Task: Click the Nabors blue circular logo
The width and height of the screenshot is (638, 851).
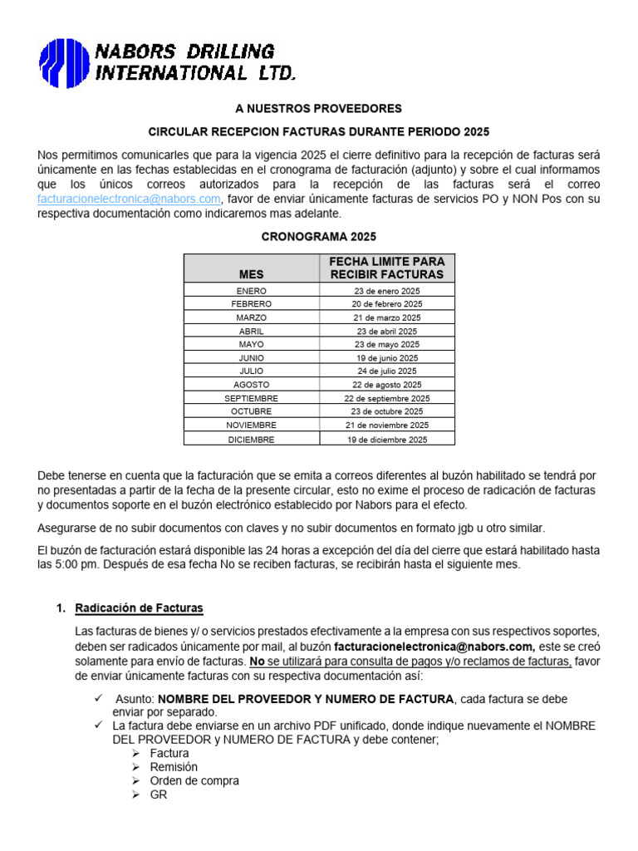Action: [65, 63]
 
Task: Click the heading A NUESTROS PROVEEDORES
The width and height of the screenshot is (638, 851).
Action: [319, 108]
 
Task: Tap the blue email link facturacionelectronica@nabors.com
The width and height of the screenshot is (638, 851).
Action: [129, 199]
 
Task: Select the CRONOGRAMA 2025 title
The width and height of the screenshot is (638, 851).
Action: [319, 236]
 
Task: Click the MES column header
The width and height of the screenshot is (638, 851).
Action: [251, 273]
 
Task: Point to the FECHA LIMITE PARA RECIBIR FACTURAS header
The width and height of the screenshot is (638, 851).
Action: [386, 268]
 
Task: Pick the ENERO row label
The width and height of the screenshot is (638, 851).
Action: [251, 290]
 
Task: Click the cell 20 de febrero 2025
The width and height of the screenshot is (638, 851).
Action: [386, 304]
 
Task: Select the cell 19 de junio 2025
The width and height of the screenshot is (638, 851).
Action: [386, 358]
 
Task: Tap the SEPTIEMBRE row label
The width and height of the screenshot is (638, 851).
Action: [251, 398]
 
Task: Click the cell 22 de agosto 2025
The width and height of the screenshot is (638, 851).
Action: [386, 385]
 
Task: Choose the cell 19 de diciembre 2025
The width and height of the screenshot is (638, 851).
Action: [386, 439]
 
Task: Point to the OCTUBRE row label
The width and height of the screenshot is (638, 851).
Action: [251, 411]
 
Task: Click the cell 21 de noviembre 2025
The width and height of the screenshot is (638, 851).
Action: [386, 425]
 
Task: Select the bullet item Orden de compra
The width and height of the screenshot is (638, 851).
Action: [194, 780]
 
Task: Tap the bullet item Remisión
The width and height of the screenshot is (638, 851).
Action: [174, 767]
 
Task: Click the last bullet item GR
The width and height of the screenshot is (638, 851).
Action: [159, 794]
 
